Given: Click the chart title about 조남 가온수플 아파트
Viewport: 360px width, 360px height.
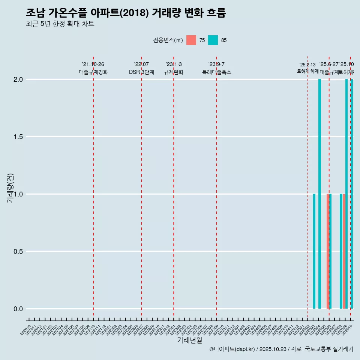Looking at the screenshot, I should pos(126,13).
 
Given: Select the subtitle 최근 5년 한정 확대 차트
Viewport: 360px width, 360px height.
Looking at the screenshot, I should pos(60,24).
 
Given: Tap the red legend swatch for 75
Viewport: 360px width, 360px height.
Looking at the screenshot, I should pos(191,40).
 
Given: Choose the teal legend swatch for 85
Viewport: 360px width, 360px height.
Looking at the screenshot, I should pos(213,40).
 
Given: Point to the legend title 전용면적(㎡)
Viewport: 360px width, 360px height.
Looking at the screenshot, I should pos(168,40).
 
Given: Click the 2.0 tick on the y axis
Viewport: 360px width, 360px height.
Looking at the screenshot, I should pos(18,79).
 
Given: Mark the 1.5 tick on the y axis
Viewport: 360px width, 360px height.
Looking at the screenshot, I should pos(18,137).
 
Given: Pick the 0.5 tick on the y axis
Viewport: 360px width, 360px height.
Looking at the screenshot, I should pos(18,252).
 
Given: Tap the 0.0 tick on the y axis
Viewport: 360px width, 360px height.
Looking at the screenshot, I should pos(18,309).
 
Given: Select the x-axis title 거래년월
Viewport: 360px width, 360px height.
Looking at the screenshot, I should pos(189,340).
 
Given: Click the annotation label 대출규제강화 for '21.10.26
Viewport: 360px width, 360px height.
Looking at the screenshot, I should pos(93,72).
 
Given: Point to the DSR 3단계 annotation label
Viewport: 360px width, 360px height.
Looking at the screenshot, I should pos(141,72).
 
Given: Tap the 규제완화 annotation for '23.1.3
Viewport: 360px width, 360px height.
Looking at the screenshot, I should pos(174,72).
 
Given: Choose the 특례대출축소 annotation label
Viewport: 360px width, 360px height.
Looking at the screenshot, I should pos(216,72).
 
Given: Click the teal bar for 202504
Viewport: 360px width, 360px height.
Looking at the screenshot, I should pos(319,194).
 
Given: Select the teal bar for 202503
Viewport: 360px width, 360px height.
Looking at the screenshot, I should pos(314,251).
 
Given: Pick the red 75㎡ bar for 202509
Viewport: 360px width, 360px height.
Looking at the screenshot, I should pos(344,251).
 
